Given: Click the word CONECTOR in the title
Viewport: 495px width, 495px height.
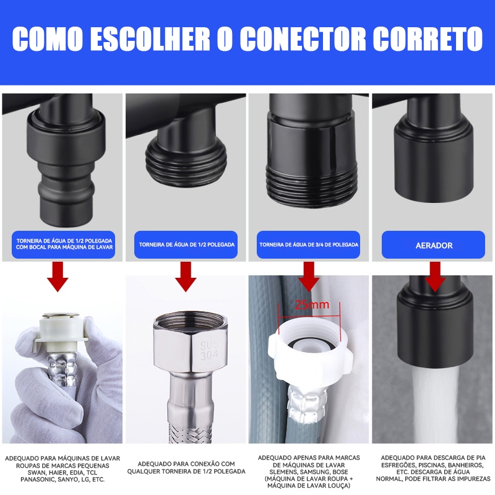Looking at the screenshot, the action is (x=303, y=38).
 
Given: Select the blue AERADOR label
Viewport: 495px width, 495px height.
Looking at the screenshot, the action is (x=433, y=245).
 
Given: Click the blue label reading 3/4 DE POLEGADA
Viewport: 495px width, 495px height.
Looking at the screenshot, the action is (x=308, y=244).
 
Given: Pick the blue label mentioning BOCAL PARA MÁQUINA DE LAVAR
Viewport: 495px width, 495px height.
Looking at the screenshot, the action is (x=64, y=244).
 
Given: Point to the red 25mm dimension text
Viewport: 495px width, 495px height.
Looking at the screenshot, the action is (x=312, y=304).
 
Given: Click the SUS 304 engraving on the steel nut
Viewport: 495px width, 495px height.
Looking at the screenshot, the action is (x=209, y=350).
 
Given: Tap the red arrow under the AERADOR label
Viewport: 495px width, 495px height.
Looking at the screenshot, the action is (x=435, y=277).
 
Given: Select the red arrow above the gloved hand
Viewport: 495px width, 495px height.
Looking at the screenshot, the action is (x=58, y=277).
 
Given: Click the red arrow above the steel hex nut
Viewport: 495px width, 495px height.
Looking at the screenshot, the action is (x=186, y=277).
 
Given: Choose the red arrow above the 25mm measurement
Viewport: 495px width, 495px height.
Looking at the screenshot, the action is (x=309, y=277).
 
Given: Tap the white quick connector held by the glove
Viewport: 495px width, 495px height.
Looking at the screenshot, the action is (x=60, y=332).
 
